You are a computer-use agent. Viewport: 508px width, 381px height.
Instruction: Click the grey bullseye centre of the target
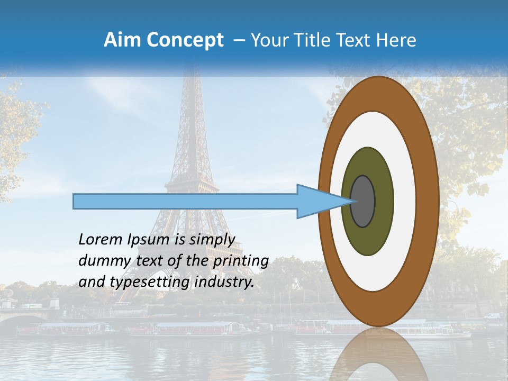point(362,202)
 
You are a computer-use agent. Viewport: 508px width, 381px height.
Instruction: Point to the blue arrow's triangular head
point(317,202)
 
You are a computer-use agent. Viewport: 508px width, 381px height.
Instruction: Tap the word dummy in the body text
point(101,261)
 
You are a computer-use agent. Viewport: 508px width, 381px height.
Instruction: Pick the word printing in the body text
point(240,261)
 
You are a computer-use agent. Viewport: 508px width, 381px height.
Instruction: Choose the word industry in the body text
point(224,282)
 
